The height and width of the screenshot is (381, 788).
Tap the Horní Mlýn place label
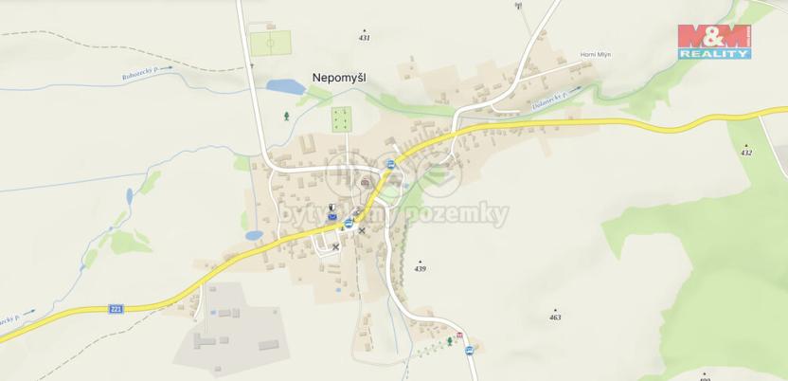[596, 54]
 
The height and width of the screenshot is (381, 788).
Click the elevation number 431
[365, 37]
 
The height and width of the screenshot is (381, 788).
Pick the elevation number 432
[746, 152]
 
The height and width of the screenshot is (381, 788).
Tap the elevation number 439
[421, 268]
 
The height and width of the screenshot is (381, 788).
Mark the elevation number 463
[555, 317]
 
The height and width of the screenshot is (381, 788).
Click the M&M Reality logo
[714, 41]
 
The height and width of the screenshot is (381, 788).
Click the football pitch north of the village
[269, 44]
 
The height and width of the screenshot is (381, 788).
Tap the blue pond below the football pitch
[285, 87]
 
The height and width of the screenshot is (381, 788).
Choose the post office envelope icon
[332, 217]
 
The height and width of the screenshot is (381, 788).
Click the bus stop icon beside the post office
[349, 224]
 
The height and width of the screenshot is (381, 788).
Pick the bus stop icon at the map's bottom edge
[469, 351]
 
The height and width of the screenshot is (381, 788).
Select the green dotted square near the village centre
[341, 119]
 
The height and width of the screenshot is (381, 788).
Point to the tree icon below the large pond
[287, 116]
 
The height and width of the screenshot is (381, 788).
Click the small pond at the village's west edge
[253, 234]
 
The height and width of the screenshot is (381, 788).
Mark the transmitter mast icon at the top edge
[518, 6]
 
